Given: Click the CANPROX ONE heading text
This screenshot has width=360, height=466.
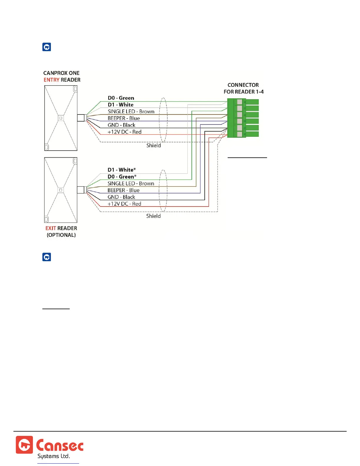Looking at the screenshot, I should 61,73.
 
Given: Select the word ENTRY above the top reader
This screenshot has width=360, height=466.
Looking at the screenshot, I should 51,80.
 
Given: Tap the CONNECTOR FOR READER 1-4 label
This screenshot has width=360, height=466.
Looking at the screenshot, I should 243,88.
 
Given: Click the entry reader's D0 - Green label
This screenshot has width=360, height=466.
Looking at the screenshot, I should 121,98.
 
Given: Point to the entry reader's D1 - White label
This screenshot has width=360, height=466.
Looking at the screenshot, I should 121,105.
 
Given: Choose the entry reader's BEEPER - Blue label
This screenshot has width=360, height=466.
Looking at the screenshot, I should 124,118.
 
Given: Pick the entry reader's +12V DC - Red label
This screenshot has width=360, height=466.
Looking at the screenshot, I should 124,132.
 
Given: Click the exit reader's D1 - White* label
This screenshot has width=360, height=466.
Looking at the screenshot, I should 122,170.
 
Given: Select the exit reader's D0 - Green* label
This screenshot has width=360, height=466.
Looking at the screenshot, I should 122,177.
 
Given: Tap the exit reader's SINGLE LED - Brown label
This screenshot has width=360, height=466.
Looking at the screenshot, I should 131,184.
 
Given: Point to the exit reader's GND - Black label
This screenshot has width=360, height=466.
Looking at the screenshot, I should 121,197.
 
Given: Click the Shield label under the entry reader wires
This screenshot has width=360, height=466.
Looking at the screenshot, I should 154,145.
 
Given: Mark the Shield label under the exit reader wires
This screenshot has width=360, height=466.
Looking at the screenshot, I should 154,216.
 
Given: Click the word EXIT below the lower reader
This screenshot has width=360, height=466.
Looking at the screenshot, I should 51,228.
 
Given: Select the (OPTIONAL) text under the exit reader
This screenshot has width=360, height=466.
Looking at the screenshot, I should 61,235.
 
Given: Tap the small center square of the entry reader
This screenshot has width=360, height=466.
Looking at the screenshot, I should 61,118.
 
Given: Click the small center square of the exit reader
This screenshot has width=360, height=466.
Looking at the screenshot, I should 61,190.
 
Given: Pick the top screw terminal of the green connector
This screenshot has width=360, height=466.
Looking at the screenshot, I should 239,102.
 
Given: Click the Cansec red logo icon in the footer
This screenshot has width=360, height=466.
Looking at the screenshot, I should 24,445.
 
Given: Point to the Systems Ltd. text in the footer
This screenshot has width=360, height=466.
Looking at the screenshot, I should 54,456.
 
